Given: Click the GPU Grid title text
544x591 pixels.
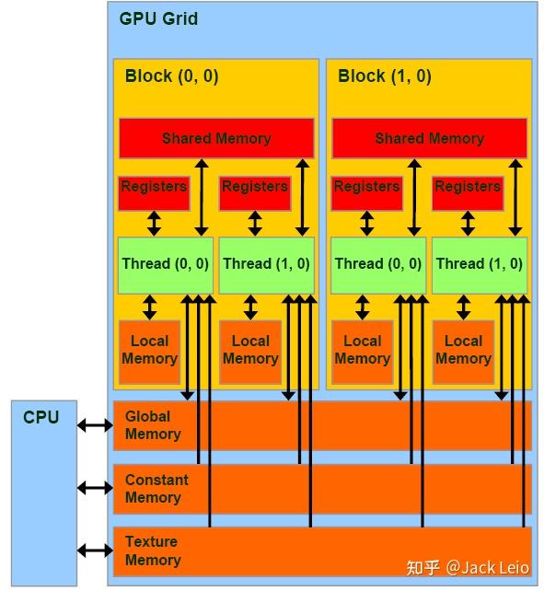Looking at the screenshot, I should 158,18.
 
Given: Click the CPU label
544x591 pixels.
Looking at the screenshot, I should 41,417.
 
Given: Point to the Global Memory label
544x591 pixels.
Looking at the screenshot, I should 153,425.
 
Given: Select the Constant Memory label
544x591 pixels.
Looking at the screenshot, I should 156,489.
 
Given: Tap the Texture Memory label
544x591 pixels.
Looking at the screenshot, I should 152,550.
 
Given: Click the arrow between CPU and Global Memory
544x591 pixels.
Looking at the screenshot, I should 95,424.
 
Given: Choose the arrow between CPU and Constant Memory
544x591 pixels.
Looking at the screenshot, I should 95,487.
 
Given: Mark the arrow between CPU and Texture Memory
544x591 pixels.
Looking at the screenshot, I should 95,550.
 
